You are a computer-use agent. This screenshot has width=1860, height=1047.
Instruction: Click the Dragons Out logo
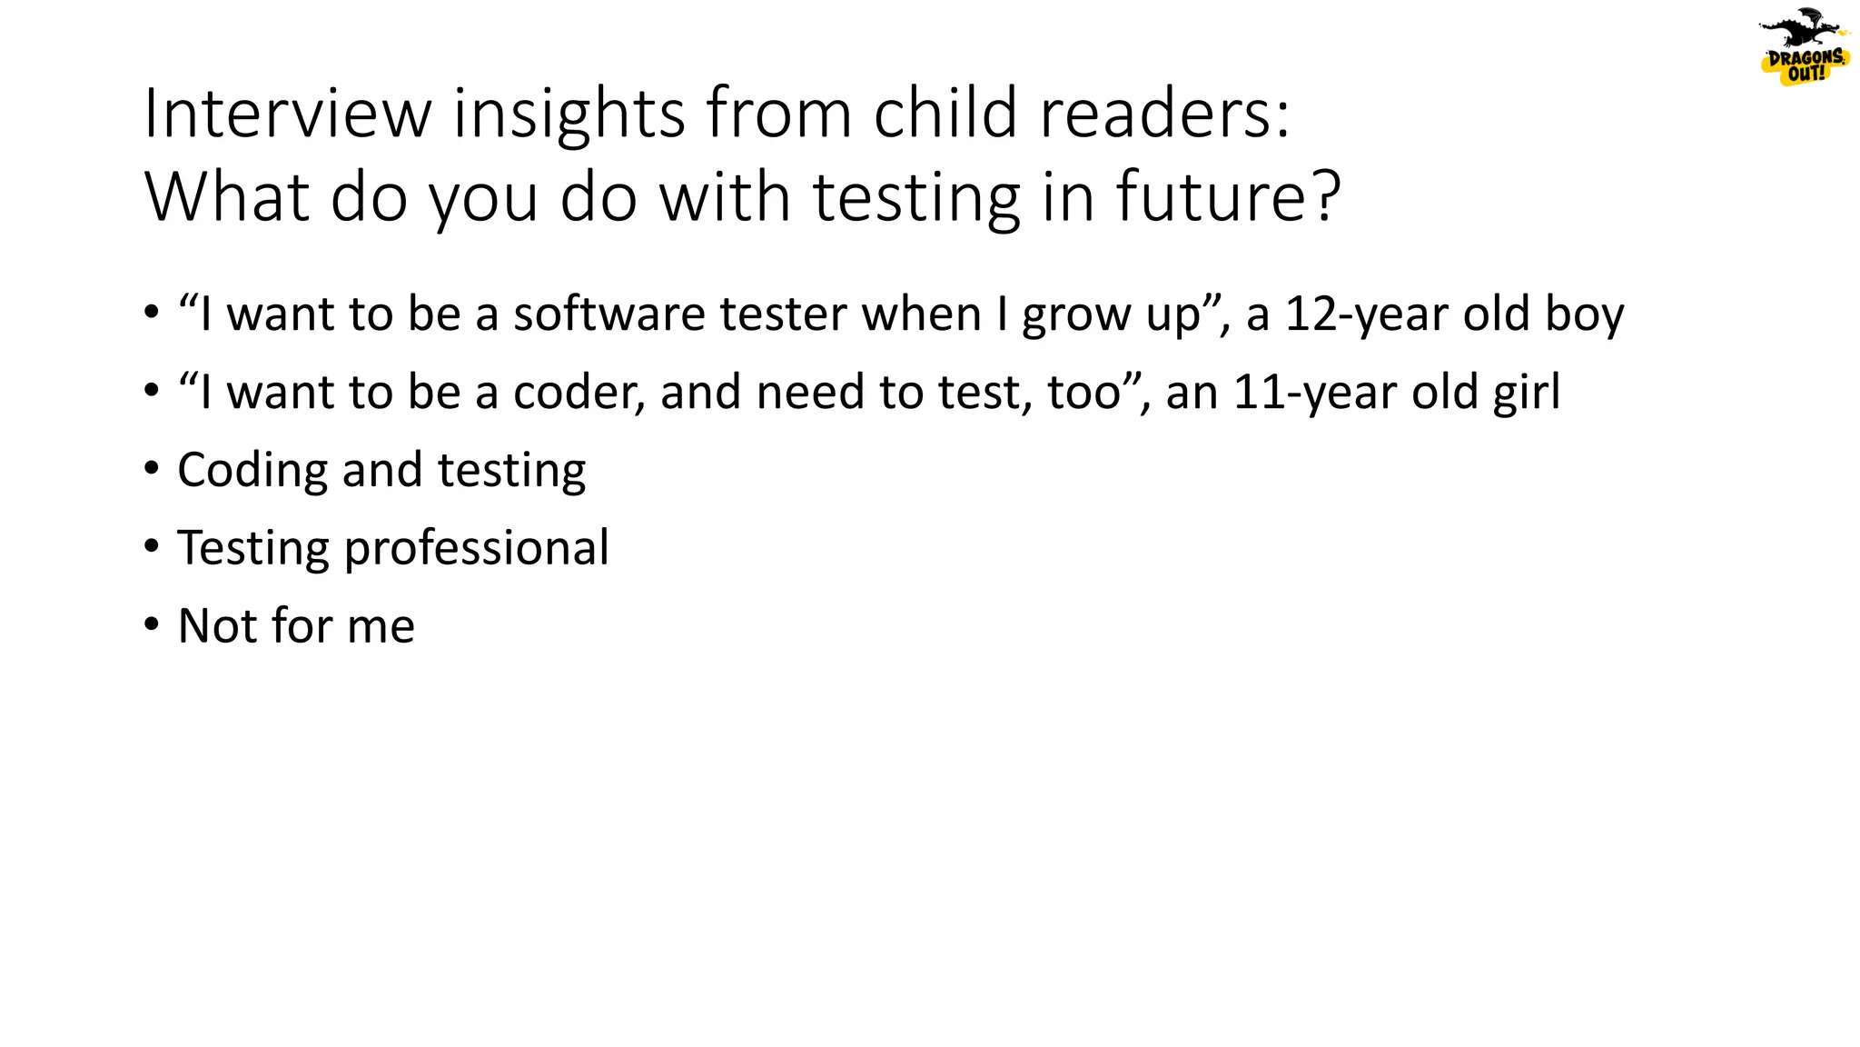click(x=1803, y=48)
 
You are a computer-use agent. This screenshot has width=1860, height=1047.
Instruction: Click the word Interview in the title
click(x=287, y=114)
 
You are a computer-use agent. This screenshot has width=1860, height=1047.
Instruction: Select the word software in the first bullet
click(x=609, y=314)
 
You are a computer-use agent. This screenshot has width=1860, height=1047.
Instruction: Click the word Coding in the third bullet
click(x=252, y=471)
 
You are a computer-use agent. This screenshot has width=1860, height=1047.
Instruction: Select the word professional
click(x=476, y=548)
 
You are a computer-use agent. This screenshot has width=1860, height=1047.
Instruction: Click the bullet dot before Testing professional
click(x=152, y=546)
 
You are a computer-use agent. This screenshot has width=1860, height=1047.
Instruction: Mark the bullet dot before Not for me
click(x=152, y=624)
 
